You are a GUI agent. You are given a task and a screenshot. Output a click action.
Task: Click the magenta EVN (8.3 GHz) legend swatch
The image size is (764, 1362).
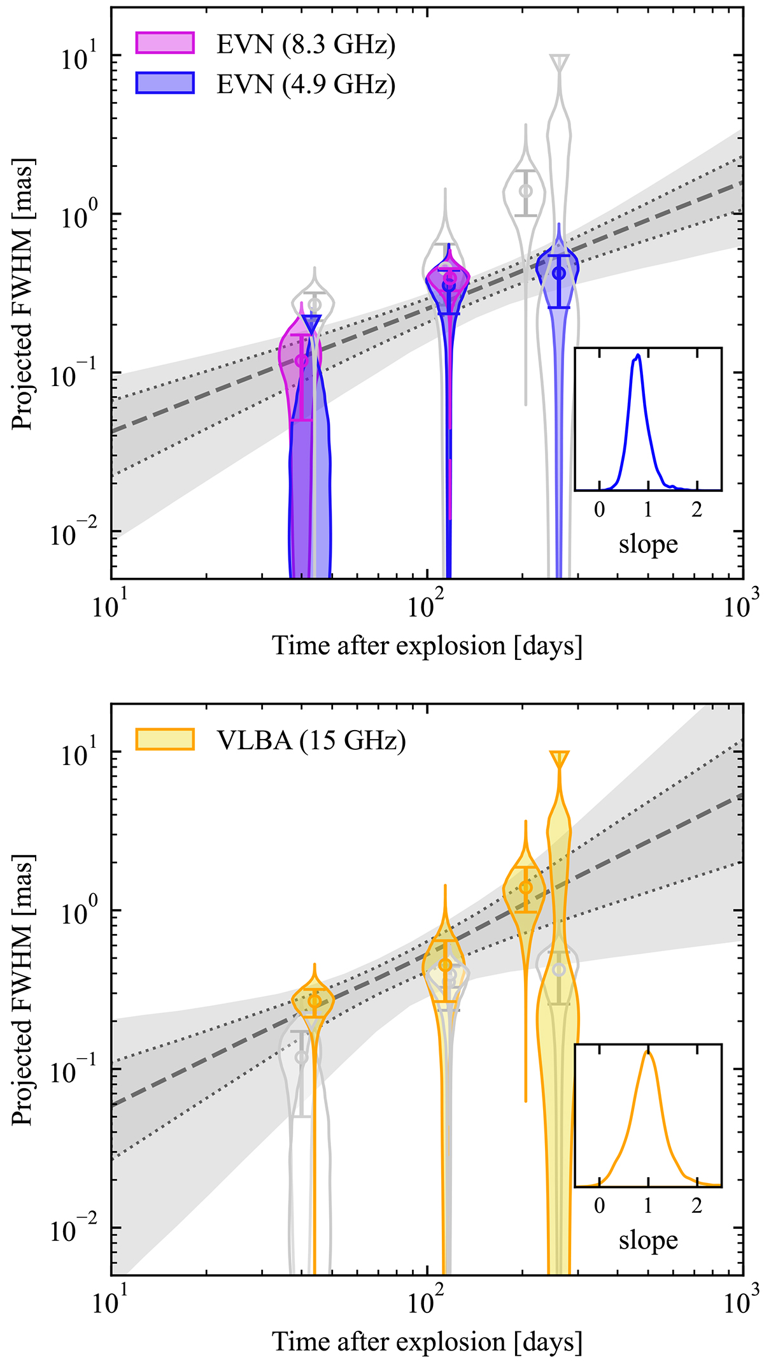(165, 43)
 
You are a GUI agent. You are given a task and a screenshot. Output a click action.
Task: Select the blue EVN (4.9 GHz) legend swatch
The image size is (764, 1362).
(165, 83)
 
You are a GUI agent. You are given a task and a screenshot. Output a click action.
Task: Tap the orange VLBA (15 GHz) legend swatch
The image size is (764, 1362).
(165, 740)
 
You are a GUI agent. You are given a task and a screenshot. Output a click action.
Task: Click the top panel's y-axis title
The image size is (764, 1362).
(23, 294)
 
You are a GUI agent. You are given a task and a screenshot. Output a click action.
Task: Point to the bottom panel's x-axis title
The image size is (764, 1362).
(427, 1342)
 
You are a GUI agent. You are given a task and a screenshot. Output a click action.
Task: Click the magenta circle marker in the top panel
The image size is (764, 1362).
(302, 361)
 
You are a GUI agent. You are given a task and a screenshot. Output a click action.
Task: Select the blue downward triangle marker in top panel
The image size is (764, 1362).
(311, 322)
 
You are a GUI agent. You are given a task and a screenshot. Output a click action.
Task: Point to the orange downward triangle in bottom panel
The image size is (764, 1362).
(560, 758)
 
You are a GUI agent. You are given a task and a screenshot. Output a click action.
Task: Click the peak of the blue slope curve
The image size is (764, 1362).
(638, 355)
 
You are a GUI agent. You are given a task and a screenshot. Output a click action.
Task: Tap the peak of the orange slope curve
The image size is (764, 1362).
(648, 1052)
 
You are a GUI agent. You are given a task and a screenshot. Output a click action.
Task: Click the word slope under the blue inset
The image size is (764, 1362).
(648, 545)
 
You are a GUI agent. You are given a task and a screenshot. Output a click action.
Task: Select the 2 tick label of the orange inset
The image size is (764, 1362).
(697, 1205)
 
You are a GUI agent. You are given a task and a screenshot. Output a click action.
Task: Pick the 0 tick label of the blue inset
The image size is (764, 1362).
(599, 510)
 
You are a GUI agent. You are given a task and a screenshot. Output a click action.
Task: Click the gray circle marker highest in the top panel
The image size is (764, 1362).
(525, 190)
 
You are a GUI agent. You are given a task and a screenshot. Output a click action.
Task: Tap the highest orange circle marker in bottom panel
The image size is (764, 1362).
(525, 887)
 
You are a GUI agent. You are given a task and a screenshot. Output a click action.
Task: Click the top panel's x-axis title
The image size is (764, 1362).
(427, 645)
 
